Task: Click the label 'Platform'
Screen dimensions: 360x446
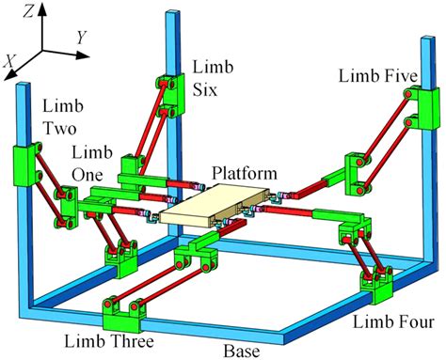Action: pyautogui.click(x=245, y=175)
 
